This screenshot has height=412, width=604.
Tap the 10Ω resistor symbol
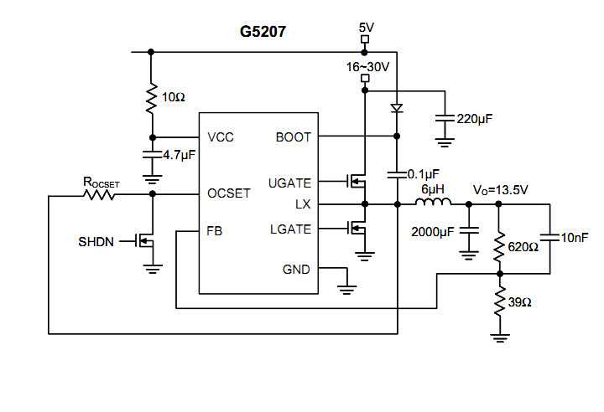coord(152,98)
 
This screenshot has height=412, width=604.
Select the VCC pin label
coord(221,137)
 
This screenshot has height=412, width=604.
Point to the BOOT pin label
coord(293,137)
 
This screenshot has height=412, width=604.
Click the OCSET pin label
coord(229,193)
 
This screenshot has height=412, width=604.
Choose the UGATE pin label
coord(289,183)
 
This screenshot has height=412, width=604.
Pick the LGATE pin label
coord(290,229)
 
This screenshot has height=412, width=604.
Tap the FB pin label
coord(216,229)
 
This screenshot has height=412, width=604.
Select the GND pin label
coord(296,270)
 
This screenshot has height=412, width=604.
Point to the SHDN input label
coord(96,241)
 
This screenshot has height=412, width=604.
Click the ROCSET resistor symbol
coord(100,195)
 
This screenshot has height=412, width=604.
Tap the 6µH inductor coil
coord(434,203)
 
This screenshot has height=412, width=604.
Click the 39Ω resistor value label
coord(521,301)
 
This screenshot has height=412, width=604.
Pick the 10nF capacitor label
coord(576,238)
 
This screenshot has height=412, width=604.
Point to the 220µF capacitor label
coord(474,119)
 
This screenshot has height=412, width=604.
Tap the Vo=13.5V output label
coord(500,190)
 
